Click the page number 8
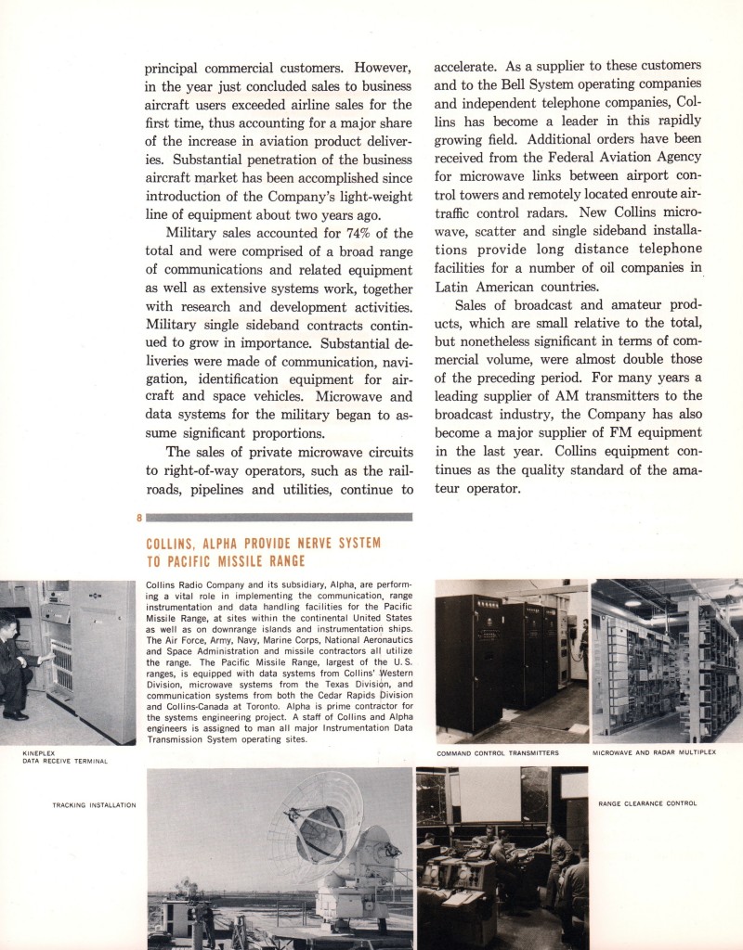tap(139, 518)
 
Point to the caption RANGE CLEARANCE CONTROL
tap(647, 803)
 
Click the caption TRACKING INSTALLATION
tap(94, 804)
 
